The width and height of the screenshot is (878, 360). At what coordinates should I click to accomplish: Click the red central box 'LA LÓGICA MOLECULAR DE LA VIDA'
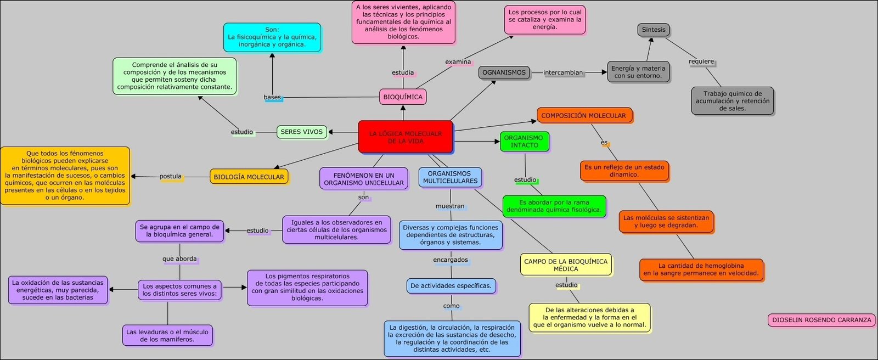click(x=406, y=137)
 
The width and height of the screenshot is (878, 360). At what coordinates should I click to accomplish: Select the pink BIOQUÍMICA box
click(x=403, y=97)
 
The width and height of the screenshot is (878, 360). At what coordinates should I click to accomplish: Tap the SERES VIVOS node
click(x=301, y=132)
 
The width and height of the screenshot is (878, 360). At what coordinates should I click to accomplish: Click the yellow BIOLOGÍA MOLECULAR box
click(x=249, y=177)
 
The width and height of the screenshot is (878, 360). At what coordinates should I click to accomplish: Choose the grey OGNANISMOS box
click(x=504, y=72)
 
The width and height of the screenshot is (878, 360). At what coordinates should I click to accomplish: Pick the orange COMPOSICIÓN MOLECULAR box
click(x=583, y=116)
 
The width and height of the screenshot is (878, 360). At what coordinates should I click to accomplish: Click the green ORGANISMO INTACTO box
click(x=524, y=142)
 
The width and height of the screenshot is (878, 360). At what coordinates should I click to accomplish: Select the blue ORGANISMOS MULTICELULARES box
click(x=450, y=177)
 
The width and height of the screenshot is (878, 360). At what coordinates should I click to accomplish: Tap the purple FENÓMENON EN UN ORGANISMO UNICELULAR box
click(x=363, y=179)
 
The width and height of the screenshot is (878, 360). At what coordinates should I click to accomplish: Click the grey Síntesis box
click(x=653, y=30)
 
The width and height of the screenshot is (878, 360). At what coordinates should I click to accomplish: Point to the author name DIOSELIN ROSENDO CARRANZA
click(x=821, y=320)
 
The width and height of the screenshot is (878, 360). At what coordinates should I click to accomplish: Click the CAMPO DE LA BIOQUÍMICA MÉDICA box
click(x=565, y=265)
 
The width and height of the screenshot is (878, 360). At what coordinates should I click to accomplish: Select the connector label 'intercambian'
click(x=563, y=72)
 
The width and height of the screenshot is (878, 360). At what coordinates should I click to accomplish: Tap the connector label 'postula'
click(x=171, y=177)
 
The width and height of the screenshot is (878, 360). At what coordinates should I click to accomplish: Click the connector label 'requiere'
click(x=701, y=61)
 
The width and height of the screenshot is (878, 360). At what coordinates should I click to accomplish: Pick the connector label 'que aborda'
click(x=179, y=259)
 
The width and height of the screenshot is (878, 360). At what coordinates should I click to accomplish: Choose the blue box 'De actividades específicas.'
click(x=451, y=286)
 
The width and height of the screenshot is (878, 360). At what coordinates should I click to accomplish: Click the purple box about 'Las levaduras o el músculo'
click(x=167, y=335)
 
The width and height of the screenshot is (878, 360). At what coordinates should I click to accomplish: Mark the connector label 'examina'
click(x=458, y=62)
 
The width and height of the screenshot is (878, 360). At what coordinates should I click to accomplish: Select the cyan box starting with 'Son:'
click(x=272, y=37)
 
